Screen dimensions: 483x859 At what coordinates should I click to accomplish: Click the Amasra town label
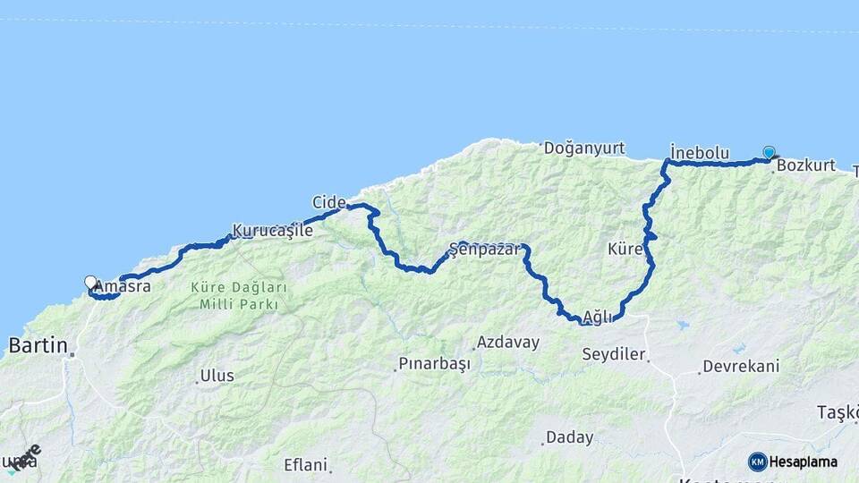pyautogui.click(x=123, y=287)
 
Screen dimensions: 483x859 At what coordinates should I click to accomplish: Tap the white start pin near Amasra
pyautogui.click(x=90, y=283)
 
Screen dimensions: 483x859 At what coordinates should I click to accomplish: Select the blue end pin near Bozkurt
pyautogui.click(x=769, y=152)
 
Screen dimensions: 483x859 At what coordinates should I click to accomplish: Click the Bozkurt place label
pyautogui.click(x=806, y=165)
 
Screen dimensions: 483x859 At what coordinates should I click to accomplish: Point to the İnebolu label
pyautogui.click(x=700, y=153)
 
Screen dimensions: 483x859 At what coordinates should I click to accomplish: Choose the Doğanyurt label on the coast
pyautogui.click(x=584, y=148)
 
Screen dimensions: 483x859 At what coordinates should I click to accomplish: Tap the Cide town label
pyautogui.click(x=328, y=203)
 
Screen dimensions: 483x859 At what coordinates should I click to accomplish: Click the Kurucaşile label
pyautogui.click(x=273, y=231)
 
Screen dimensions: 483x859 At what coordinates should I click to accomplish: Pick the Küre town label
pyautogui.click(x=625, y=249)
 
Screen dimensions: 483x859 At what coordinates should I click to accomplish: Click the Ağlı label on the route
pyautogui.click(x=598, y=317)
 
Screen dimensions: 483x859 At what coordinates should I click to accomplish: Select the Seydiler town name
pyautogui.click(x=614, y=354)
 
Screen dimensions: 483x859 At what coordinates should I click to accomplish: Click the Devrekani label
pyautogui.click(x=741, y=366)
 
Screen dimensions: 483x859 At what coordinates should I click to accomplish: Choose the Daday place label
pyautogui.click(x=570, y=437)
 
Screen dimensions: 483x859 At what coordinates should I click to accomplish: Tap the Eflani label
pyautogui.click(x=306, y=464)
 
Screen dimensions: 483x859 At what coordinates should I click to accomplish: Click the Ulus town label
pyautogui.click(x=217, y=376)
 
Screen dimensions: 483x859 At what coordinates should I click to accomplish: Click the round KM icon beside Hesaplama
pyautogui.click(x=758, y=462)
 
